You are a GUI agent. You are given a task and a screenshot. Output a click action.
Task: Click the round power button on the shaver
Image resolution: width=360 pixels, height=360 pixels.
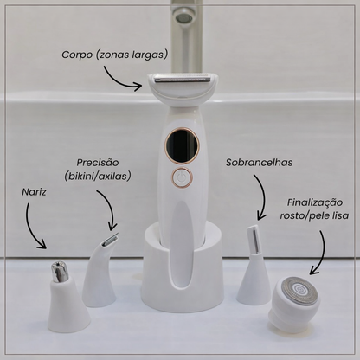click(182, 177)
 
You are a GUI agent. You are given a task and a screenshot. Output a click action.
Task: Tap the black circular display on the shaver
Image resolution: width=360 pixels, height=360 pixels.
click(182, 145)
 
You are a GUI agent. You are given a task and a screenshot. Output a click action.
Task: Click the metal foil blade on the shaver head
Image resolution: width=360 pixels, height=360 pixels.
click(182, 78)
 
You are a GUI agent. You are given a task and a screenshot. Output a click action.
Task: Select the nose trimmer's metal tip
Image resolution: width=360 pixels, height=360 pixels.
click(60, 272)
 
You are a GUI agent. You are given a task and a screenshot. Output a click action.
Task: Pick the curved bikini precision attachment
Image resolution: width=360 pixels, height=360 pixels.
click(100, 271)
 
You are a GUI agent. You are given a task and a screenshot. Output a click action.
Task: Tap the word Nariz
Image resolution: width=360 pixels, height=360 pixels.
click(34, 192)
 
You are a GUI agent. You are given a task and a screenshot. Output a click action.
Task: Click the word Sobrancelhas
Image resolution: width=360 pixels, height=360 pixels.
click(259, 163)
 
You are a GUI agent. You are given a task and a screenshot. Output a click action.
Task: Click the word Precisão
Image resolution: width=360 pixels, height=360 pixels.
click(98, 163)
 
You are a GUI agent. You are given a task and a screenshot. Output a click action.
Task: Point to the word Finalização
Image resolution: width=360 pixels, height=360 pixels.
click(315, 202)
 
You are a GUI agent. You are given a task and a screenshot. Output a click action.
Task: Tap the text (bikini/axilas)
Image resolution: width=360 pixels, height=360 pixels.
click(98, 176)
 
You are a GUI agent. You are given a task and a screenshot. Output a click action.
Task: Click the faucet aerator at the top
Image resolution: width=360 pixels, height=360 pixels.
click(184, 18)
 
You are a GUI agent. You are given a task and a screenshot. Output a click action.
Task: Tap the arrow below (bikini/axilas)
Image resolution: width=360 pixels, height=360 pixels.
click(109, 206)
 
